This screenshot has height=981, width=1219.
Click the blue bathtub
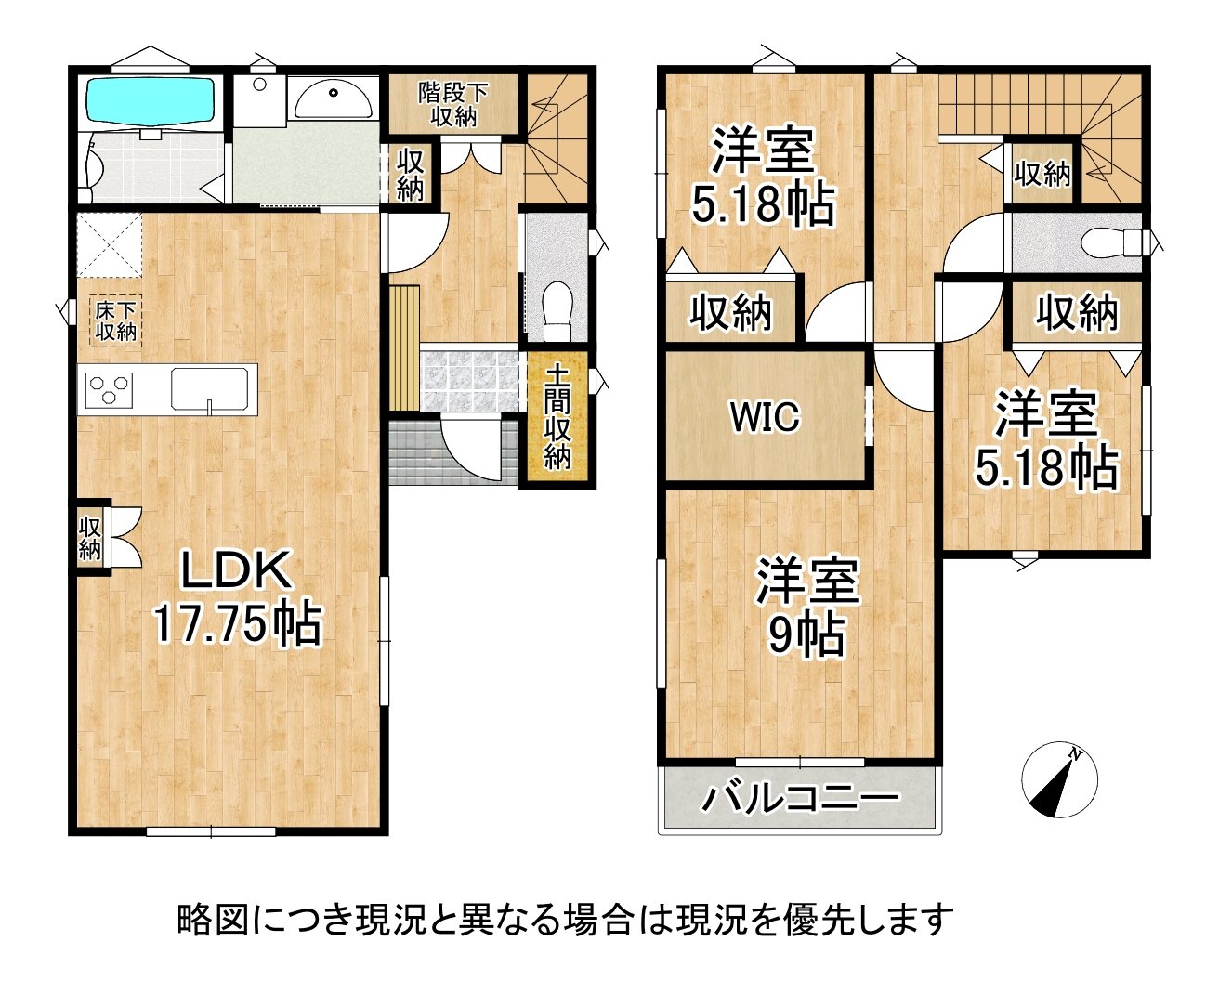coord(151,100)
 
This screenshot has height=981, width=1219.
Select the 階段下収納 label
coord(453,103)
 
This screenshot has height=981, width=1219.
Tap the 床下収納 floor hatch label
coord(115,320)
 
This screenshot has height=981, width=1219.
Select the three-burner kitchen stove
coord(110,388)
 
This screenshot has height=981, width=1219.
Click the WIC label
coord(764,417)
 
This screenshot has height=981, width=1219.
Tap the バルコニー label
coord(801,798)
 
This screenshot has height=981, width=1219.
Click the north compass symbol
coord(1059,780)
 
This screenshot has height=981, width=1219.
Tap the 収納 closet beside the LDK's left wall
coord(89,537)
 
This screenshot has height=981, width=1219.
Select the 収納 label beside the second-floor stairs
coord(1042,173)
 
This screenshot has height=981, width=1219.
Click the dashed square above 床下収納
coord(109,244)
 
